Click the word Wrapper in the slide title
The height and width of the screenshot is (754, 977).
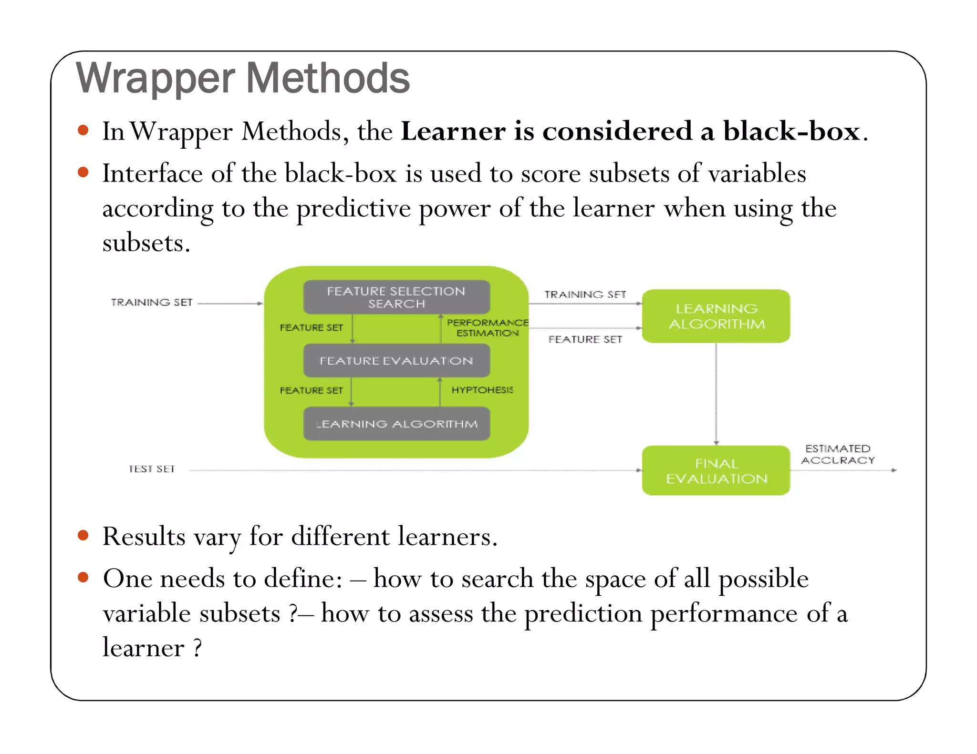point(156,79)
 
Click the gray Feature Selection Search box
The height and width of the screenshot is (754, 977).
point(396,297)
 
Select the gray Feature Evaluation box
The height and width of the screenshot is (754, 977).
point(396,361)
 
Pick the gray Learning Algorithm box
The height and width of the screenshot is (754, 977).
point(396,424)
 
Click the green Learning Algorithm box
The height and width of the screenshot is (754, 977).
point(716,316)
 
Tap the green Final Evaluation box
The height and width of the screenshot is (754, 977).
point(716,470)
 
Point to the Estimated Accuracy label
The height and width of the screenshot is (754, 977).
point(838,454)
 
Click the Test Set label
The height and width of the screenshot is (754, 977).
point(152,469)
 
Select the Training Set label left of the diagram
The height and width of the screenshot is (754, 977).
point(152,302)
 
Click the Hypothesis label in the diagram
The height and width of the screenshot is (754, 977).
point(482,390)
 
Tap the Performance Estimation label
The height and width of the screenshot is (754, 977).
point(487,328)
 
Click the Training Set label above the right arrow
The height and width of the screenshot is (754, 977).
point(585,295)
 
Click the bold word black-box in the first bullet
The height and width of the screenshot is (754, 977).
point(791,131)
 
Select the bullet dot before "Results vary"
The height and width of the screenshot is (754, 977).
point(83,535)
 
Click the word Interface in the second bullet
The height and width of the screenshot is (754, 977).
point(152,173)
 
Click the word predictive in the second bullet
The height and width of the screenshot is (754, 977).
point(353,209)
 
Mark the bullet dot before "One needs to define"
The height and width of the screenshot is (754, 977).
point(83,577)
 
